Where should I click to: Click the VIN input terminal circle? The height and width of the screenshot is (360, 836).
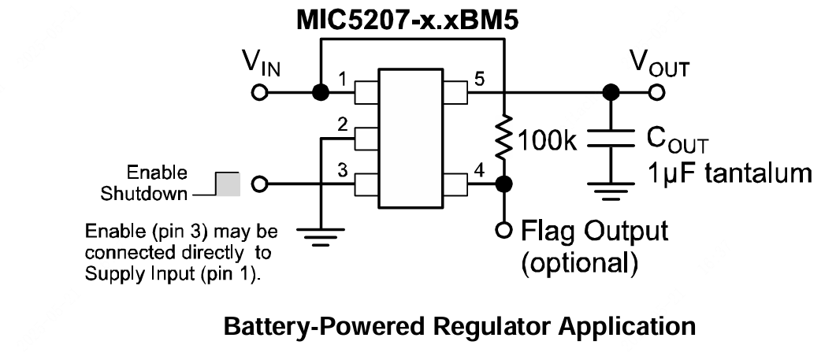tap(258, 93)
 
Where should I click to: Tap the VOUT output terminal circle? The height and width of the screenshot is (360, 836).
tap(656, 93)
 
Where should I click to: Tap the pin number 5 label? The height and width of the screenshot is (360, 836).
tap(479, 80)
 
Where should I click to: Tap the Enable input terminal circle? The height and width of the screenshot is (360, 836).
tap(258, 185)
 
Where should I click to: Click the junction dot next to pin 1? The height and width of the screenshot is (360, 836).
tap(320, 93)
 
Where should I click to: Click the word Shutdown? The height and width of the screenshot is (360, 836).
tap(155, 194)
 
